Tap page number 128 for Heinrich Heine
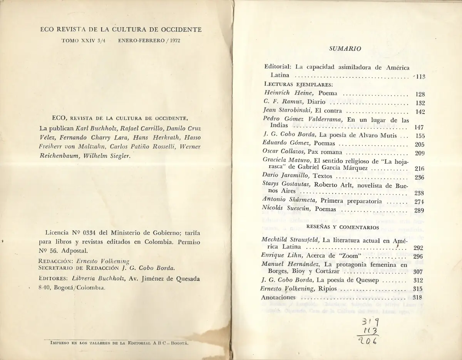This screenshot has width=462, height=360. (420, 94)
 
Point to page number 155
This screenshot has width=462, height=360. (420, 136)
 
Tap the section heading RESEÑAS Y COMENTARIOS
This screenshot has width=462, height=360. (343, 227)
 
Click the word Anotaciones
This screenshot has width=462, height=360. (278, 297)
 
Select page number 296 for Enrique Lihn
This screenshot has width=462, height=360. (418, 256)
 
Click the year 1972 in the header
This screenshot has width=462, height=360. (174, 40)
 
